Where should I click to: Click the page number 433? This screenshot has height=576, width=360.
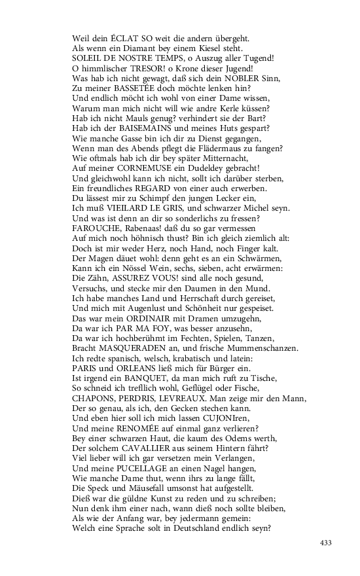pyautogui.click(x=327, y=542)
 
